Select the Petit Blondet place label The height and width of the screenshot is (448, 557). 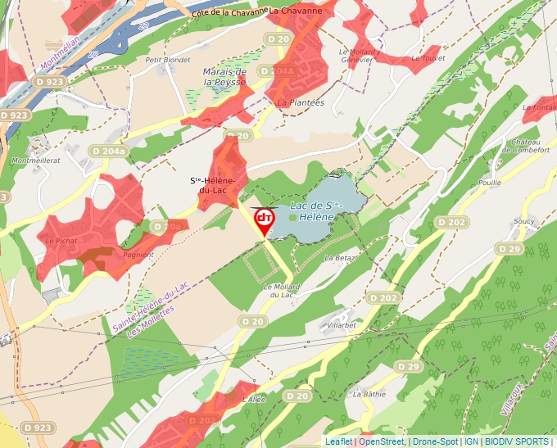pos(162,59)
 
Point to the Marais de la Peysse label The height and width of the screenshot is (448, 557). pos(224,77)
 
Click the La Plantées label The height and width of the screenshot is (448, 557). pos(301,102)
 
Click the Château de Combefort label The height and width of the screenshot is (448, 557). pos(530,146)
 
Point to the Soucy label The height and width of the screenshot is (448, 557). pos(523,221)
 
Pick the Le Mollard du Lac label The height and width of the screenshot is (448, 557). pos(282,291)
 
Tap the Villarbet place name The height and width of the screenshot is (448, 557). pos(342,325)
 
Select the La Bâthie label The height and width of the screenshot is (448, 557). pos(369,393)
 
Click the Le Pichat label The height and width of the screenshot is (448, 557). pos(61,241)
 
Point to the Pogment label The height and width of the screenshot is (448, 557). pos(138,255)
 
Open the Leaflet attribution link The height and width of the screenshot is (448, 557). pos(338,441)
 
